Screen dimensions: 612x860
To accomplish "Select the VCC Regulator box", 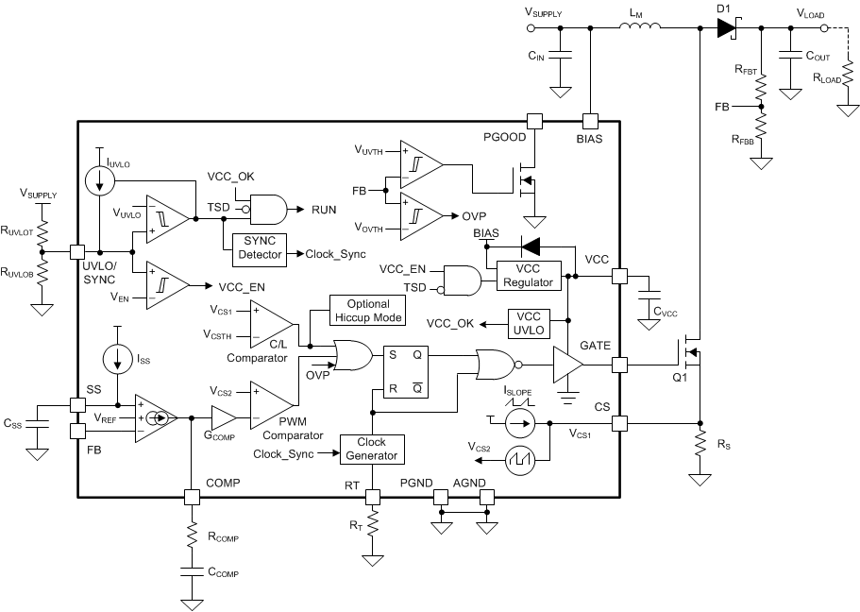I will tap(528, 276).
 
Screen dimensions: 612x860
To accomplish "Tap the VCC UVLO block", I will tap(535, 323).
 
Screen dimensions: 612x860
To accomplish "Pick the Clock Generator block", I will tap(371, 449).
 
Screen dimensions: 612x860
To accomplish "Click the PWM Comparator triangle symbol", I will tap(267, 404).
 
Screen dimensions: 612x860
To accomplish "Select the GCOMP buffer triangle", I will tap(223, 416).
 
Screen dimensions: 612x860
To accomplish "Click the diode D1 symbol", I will tap(726, 28).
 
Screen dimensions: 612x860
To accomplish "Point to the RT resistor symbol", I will tap(372, 522).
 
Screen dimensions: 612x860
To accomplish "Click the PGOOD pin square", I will tap(534, 121).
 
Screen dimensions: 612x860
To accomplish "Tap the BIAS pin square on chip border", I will tap(590, 121).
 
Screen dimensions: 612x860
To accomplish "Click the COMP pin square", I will tap(192, 496).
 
